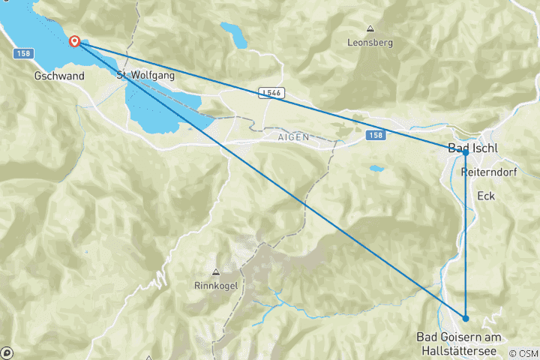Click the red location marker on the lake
tap(75, 41)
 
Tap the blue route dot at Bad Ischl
tap(465, 153)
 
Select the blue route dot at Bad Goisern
tap(466, 318)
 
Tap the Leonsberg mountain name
tap(370, 43)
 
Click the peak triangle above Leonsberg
tap(370, 29)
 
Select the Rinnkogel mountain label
tap(215, 286)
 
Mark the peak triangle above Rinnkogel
tap(215, 272)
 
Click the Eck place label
tap(486, 196)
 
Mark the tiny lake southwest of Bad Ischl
tap(376, 169)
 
